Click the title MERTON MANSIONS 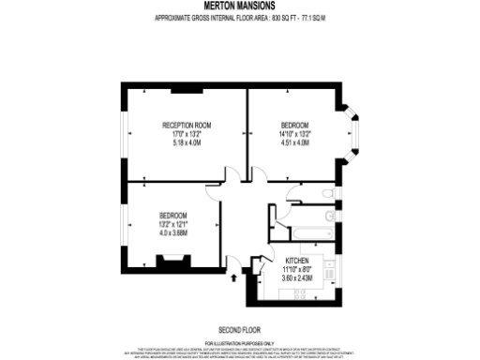click(238, 7)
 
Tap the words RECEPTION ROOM click(187, 126)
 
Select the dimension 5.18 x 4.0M click(187, 142)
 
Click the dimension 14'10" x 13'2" click(295, 134)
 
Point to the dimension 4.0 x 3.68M click(173, 232)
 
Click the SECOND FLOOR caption click(238, 331)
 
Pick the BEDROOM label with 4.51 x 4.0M click(295, 125)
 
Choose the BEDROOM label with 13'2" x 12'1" click(173, 214)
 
